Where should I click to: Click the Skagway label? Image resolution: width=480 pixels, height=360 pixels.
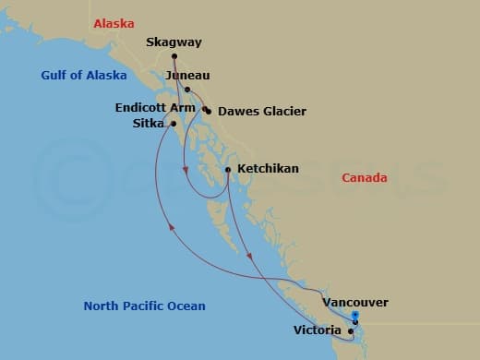click(174, 42)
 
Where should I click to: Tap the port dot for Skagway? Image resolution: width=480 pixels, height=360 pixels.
click(174, 56)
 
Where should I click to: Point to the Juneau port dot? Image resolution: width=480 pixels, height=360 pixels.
click(186, 90)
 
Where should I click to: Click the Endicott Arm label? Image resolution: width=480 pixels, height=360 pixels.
click(154, 107)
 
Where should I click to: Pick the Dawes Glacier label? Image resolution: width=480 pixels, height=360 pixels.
click(262, 112)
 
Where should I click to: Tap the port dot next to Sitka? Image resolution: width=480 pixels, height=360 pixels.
click(173, 123)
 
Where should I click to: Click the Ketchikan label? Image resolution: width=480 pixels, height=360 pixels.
click(267, 169)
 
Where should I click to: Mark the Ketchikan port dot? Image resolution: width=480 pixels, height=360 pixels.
click(228, 169)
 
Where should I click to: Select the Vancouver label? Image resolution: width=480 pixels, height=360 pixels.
click(355, 302)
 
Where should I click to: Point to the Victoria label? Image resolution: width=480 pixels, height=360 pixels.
click(318, 329)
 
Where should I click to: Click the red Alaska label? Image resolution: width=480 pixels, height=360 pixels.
click(114, 23)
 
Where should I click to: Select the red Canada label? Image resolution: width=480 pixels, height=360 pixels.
click(365, 178)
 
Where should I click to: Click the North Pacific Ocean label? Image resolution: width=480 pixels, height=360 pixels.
click(144, 306)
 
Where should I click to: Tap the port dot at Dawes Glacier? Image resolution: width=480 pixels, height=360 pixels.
click(209, 112)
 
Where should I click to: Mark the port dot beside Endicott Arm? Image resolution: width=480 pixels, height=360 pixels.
click(205, 108)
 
